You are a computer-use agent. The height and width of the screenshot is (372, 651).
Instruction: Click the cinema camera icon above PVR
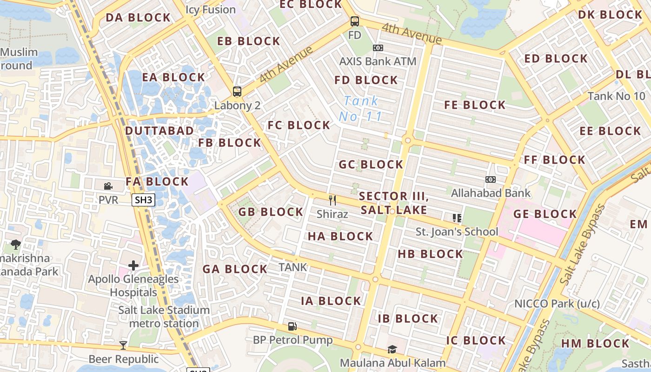point(108,186)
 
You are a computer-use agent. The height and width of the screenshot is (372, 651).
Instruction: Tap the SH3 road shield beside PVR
point(143,200)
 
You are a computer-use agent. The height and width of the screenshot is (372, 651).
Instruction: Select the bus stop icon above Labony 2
point(237,92)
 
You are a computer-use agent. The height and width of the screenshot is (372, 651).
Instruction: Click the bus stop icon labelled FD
point(355,21)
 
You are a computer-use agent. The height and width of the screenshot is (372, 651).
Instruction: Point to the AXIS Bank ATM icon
point(378,48)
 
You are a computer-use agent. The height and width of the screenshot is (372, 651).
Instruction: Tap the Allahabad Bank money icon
point(490,179)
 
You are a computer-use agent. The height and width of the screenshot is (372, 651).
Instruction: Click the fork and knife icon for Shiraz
point(332,200)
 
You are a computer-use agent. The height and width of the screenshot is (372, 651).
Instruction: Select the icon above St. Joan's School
point(457,218)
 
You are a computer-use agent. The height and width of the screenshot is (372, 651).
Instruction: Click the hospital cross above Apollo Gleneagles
point(133,266)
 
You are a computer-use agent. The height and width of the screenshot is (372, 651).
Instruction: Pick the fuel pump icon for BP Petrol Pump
point(292,326)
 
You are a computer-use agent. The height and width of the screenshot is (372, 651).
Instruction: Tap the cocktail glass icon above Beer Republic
point(123,345)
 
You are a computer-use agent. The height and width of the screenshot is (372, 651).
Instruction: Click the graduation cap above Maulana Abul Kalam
point(392,349)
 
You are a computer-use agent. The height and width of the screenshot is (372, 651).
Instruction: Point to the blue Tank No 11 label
point(361,108)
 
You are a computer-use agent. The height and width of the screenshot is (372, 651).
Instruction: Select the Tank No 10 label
point(616,96)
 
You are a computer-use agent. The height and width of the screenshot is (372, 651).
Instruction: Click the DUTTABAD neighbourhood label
point(159,131)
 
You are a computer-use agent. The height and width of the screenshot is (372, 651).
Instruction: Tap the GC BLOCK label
point(371,165)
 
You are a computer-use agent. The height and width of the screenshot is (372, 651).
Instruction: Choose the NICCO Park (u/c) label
point(557,304)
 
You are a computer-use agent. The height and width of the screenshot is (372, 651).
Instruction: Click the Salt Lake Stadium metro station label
point(164,317)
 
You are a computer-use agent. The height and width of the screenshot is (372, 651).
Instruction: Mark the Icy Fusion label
point(211,9)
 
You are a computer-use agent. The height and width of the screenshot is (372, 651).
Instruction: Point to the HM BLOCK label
point(595,344)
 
